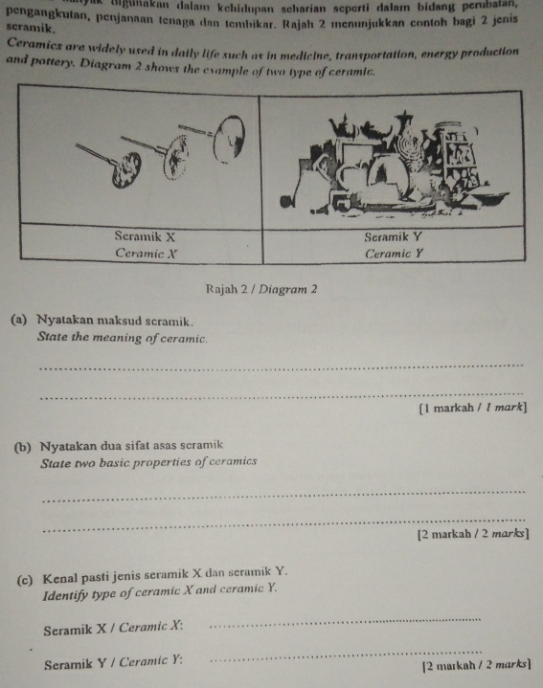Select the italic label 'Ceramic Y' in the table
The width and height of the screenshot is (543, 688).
coord(396,254)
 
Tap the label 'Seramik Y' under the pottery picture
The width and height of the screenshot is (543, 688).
coord(394,235)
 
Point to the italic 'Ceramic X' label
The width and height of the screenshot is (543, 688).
coord(142,253)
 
